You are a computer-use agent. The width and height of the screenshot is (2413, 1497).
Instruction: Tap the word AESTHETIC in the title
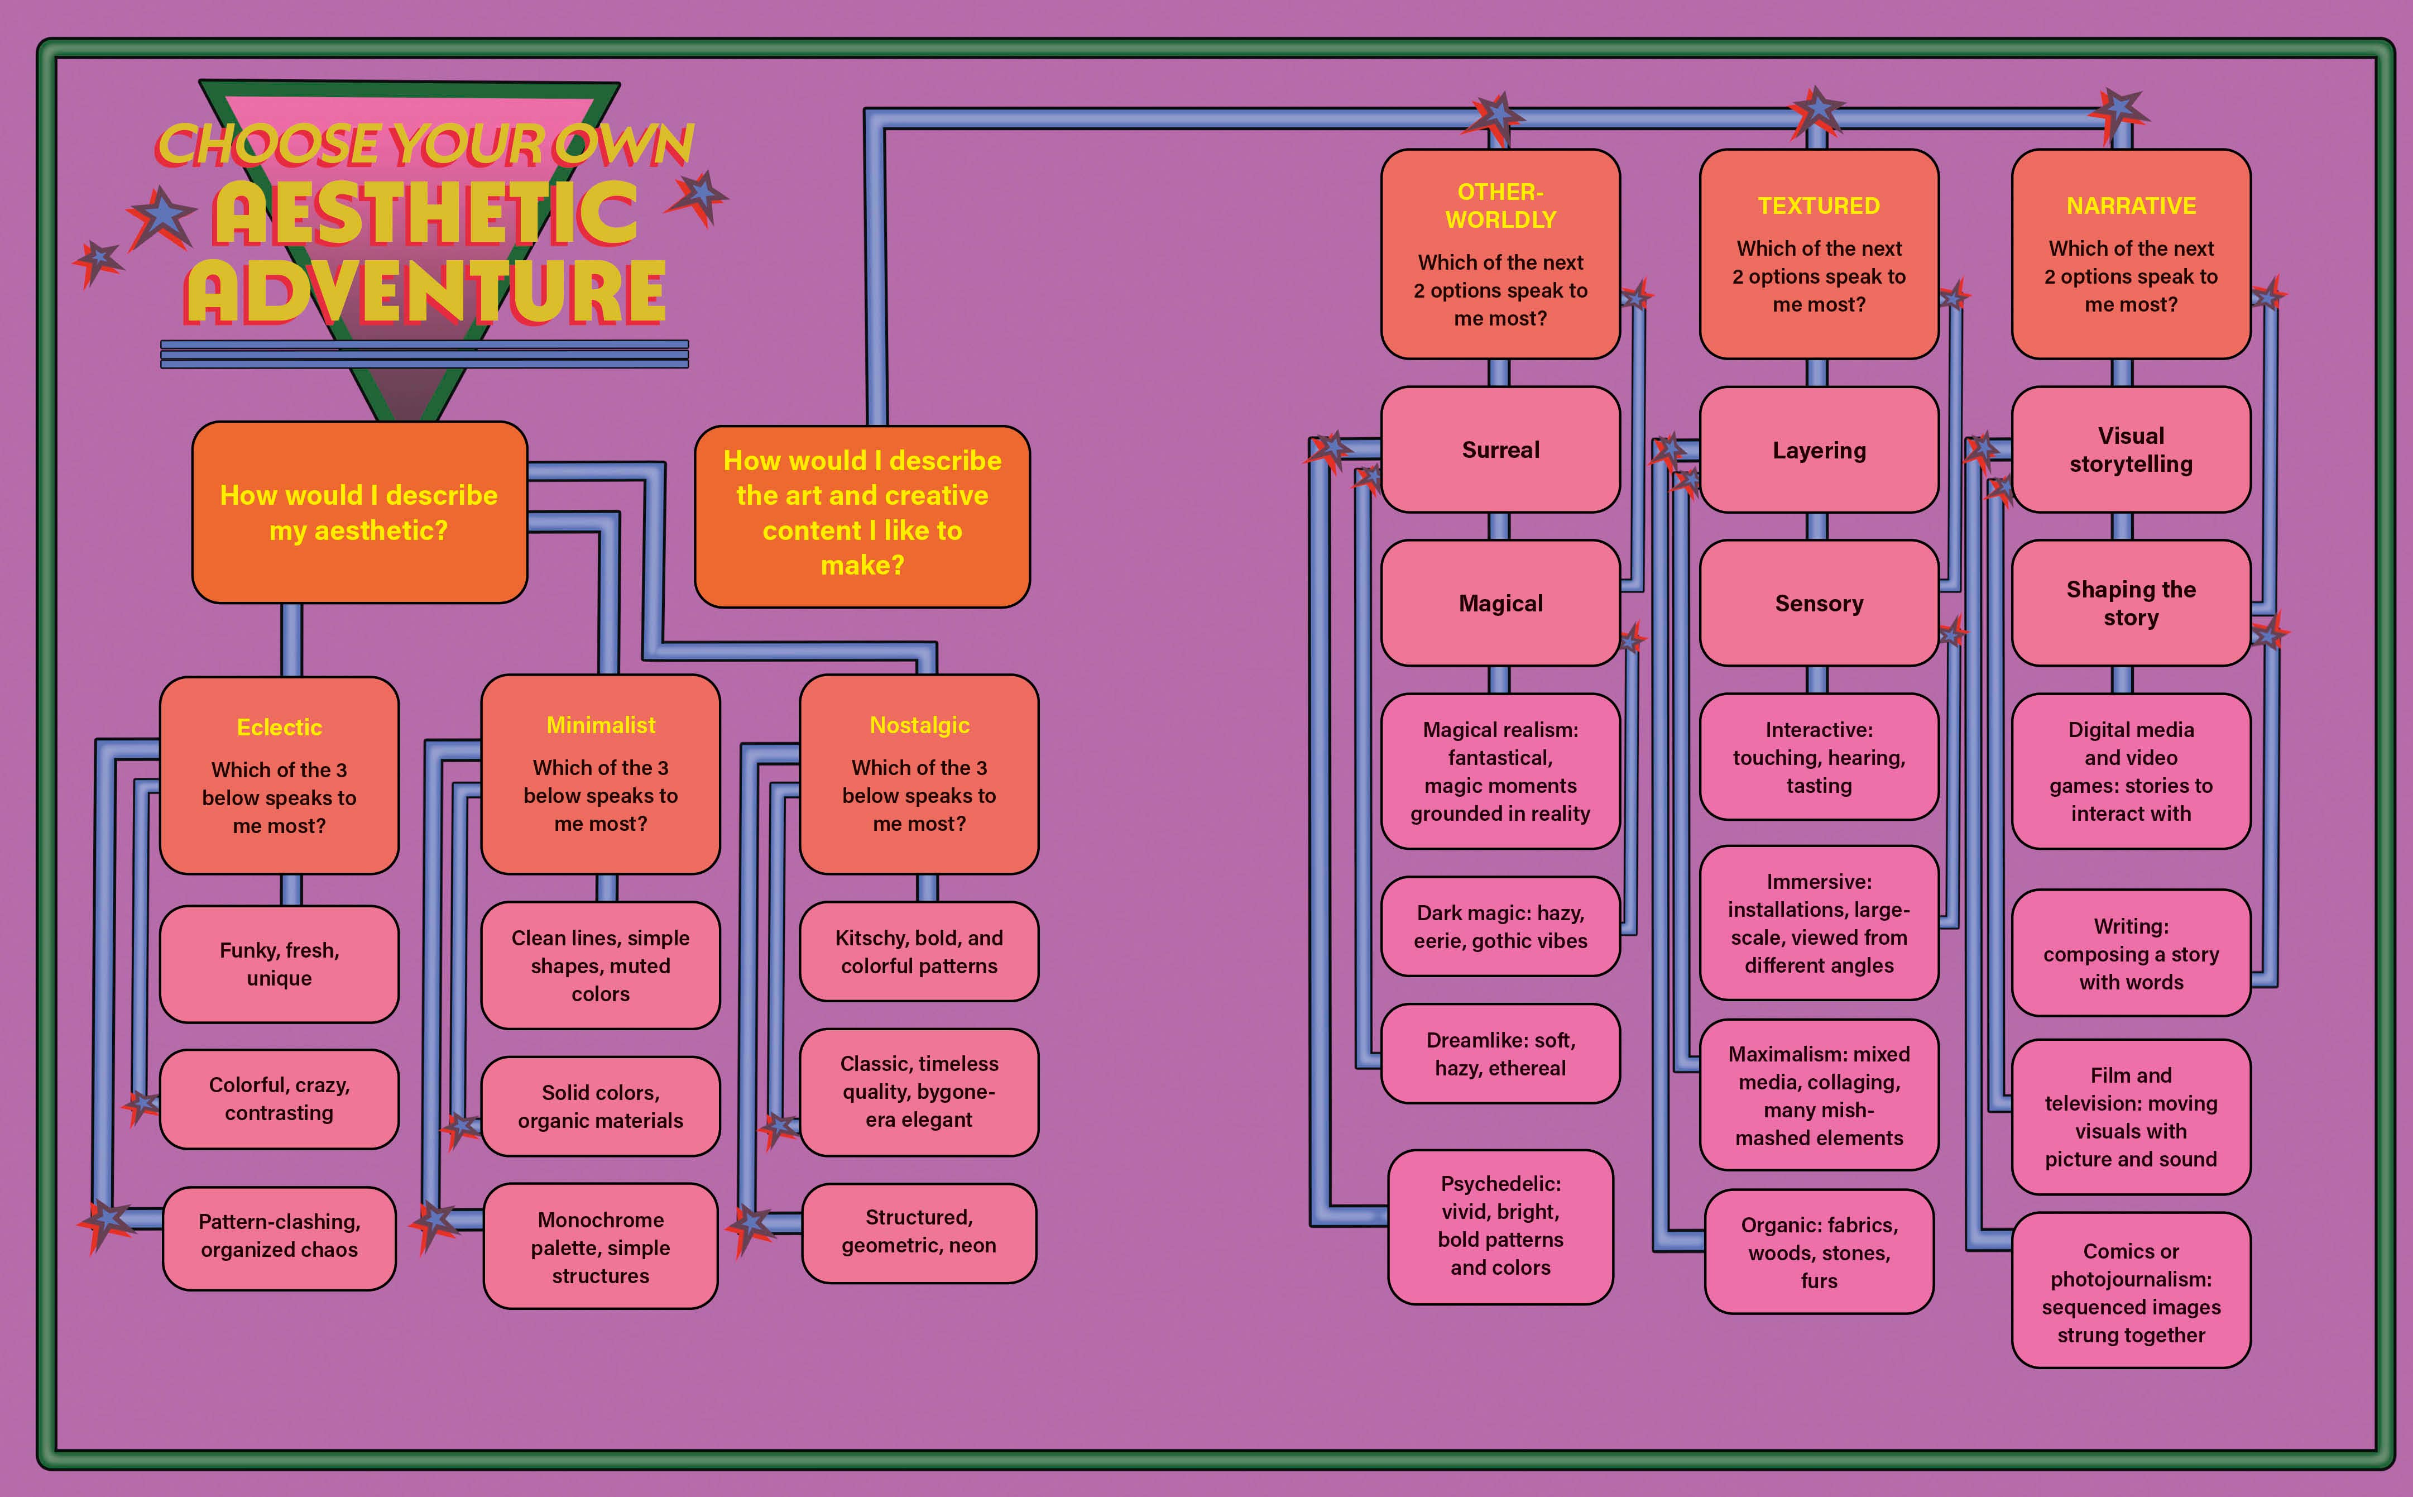pos(425,213)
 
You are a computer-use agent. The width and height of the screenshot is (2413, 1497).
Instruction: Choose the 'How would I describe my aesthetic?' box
pos(359,513)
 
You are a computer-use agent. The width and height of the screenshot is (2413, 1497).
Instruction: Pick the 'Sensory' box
pos(1818,603)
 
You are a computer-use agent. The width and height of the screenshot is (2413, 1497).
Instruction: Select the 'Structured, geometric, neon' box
pos(919,1232)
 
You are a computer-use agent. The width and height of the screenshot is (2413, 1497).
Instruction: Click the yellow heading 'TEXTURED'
pos(1818,206)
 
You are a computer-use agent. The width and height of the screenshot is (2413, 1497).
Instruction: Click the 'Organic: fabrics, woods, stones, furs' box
pos(1818,1252)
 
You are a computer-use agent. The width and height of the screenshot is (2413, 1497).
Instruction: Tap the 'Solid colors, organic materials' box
pos(601,1107)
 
